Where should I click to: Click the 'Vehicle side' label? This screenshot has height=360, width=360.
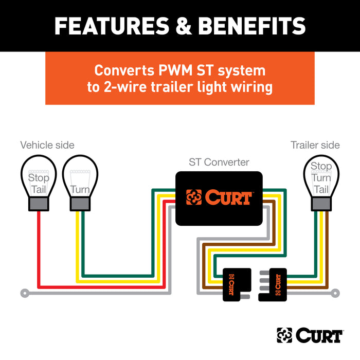click(x=47, y=145)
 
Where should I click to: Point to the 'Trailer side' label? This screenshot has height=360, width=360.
click(x=315, y=145)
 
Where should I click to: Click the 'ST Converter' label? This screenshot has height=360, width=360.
click(x=219, y=163)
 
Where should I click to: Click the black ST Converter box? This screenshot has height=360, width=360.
click(x=219, y=198)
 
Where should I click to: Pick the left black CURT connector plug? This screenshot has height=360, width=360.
click(x=236, y=284)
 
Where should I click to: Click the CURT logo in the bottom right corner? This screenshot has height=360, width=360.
click(x=309, y=335)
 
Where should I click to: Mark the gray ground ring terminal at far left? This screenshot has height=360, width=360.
click(x=24, y=294)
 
